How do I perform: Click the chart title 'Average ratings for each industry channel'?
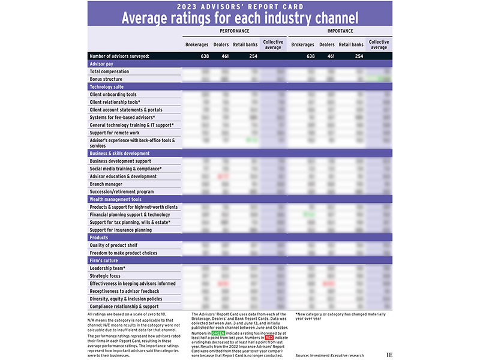(240, 17)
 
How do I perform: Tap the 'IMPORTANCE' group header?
(340, 31)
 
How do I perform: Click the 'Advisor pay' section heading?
(101, 64)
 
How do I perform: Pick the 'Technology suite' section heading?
(107, 87)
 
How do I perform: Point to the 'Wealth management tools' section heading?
(116, 199)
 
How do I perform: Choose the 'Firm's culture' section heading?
(104, 260)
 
